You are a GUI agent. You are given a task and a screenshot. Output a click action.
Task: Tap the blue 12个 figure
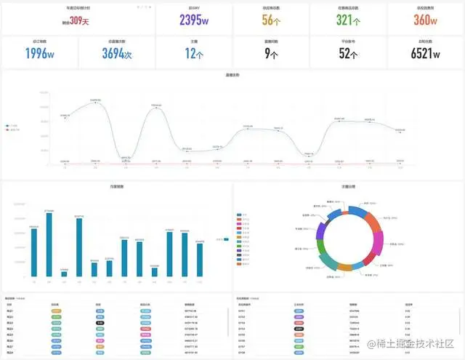(193, 53)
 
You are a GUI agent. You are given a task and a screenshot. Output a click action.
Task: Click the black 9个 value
(271, 53)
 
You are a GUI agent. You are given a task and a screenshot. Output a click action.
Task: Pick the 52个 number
(347, 53)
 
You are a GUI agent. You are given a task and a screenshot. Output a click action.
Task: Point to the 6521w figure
(425, 53)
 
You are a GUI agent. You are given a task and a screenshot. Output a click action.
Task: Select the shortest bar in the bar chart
(64, 273)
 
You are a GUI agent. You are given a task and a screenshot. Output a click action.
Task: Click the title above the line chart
(232, 76)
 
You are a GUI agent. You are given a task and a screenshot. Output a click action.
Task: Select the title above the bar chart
(116, 187)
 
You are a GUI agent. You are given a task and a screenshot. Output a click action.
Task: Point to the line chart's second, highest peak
(95, 103)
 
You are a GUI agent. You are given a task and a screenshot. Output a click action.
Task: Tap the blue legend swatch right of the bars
(226, 239)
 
